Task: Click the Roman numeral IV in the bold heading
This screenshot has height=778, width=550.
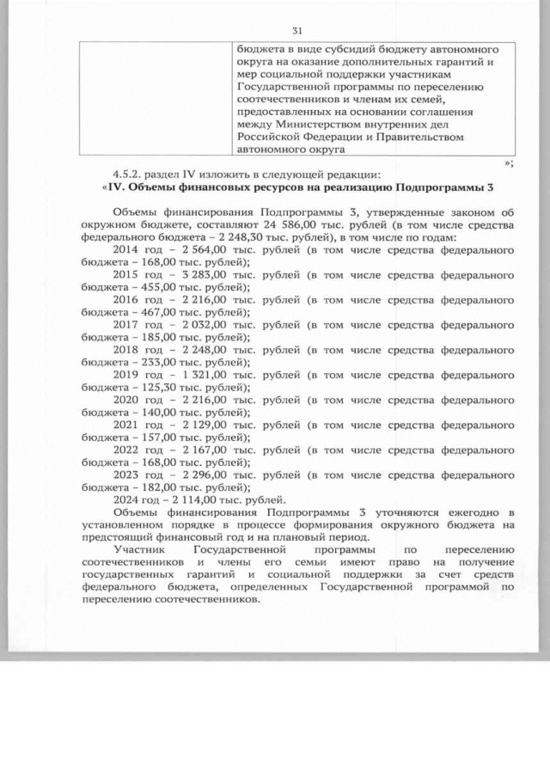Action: point(113,186)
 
